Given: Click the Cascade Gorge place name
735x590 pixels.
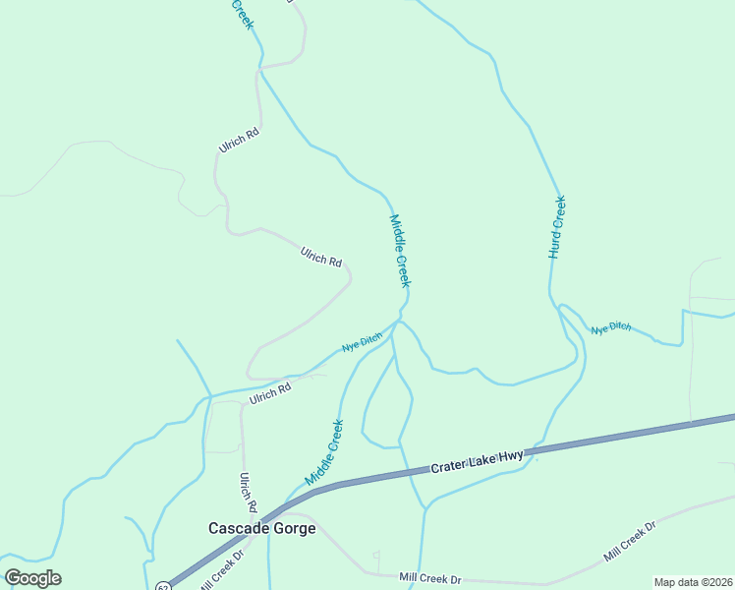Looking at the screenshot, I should [261, 528].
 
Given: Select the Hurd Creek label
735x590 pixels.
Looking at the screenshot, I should [556, 227].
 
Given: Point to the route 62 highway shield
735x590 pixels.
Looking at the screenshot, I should [162, 587].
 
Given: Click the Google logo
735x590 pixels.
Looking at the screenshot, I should [32, 578].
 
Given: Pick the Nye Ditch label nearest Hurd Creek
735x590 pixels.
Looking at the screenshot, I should [610, 327].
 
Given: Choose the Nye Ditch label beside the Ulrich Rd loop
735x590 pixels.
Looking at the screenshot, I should [361, 343].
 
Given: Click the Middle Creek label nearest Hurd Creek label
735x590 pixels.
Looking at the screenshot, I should [400, 251].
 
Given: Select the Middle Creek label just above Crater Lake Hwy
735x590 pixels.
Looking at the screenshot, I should [324, 452].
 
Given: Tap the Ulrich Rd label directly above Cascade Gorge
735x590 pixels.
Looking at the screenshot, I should [248, 493].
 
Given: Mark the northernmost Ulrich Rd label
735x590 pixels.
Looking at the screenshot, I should [238, 142].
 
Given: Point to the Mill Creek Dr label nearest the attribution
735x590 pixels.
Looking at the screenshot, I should [628, 543].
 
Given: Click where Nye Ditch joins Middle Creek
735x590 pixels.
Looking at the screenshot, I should [398, 321].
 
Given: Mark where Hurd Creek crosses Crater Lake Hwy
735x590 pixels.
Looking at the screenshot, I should [531, 453].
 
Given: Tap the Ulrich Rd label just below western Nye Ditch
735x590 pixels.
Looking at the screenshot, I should [270, 393].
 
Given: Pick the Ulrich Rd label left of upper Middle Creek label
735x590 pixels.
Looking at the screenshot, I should [321, 259].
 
